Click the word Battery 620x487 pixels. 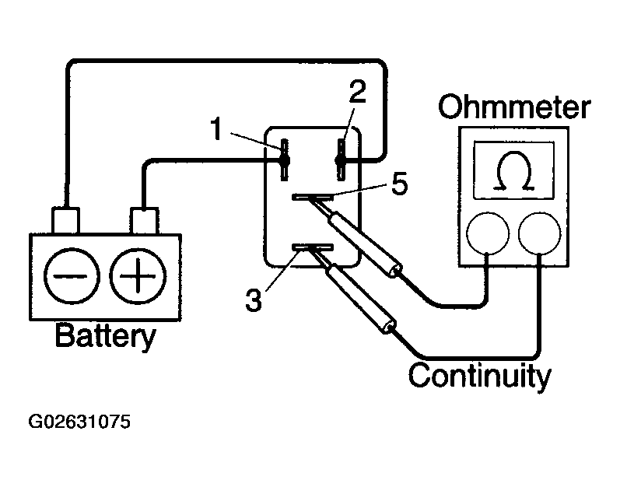[x=106, y=336]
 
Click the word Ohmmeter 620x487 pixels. [x=514, y=107]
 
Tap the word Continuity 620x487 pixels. [x=479, y=376]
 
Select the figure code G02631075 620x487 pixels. [x=79, y=422]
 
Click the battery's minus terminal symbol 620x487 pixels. [x=72, y=275]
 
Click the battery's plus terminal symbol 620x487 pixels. [x=138, y=275]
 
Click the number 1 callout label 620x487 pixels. [x=216, y=129]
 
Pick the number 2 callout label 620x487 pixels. [x=357, y=91]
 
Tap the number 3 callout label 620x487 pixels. [x=253, y=300]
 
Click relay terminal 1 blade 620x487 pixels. [x=284, y=159]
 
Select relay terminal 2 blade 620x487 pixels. [x=341, y=159]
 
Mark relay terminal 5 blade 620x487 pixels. [x=313, y=197]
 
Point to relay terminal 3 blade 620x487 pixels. [x=313, y=248]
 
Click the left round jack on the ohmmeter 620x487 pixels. [x=488, y=233]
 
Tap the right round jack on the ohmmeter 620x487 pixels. [x=539, y=233]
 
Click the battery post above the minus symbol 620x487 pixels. [x=65, y=221]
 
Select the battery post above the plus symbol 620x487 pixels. [x=145, y=221]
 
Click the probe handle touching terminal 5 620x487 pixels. [x=366, y=244]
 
